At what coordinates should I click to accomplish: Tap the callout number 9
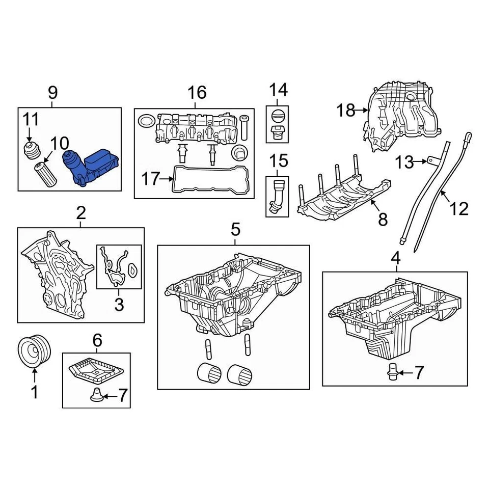53,93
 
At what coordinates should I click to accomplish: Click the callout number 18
346,110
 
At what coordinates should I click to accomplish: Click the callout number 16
197,93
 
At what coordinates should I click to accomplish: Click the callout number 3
119,305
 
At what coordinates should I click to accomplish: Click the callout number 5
235,230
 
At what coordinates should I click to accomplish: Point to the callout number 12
459,208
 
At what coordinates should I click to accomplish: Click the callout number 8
383,219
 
